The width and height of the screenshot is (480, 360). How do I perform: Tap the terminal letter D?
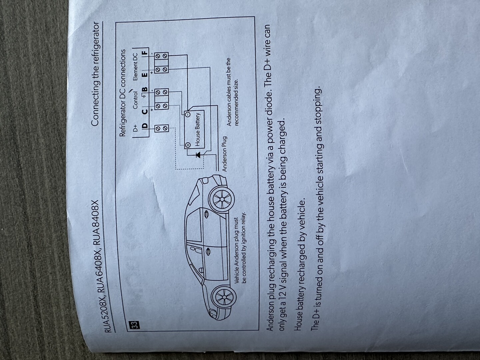pyautogui.click(x=144, y=126)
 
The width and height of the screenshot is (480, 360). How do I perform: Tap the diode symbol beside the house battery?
pyautogui.click(x=198, y=155)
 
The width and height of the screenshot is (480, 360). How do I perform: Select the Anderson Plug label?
pyautogui.click(x=225, y=154)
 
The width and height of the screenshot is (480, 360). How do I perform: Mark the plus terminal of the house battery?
pyautogui.click(x=188, y=145)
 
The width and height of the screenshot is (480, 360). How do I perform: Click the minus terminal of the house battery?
pyautogui.click(x=188, y=114)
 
